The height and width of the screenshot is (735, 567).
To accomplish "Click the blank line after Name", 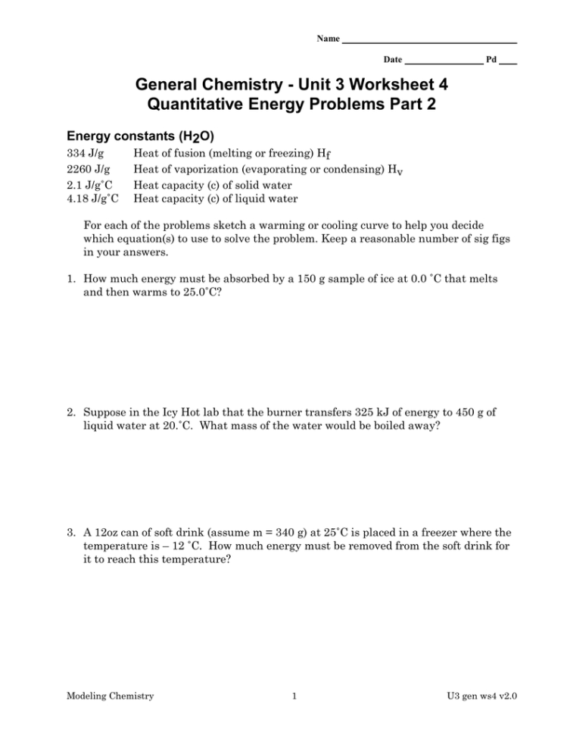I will [429, 41].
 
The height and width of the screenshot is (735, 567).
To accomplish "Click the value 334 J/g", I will [85, 154].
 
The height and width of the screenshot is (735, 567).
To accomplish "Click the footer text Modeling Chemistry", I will [111, 696].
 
